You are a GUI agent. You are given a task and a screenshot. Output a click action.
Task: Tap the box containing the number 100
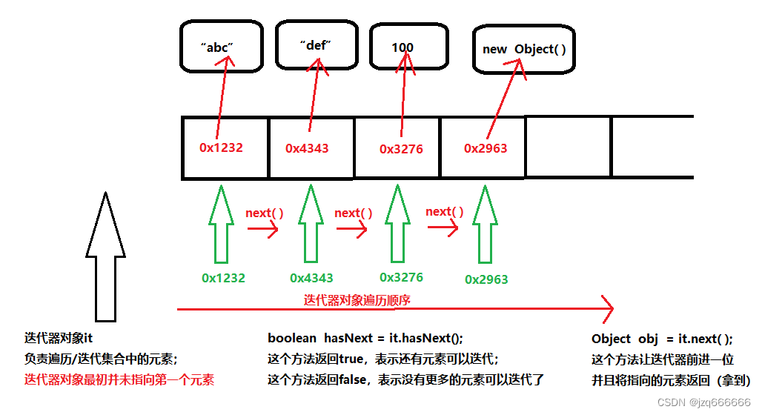pos(402,47)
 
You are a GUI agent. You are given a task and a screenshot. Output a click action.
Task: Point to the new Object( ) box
pos(523,50)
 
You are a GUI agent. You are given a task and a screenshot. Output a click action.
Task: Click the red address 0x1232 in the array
pos(221,147)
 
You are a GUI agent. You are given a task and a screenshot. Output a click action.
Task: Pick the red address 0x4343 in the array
pos(307,148)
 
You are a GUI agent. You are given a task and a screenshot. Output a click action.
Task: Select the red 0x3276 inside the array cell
pos(401,149)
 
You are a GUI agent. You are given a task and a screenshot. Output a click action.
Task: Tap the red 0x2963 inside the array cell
pos(486,148)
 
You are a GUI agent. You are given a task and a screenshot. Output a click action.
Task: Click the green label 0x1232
pos(223,279)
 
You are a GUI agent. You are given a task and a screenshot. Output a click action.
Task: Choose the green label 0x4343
pos(311,279)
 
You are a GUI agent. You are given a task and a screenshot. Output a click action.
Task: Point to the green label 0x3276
pos(401,277)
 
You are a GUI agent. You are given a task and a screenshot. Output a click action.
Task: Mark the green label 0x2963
pos(486,279)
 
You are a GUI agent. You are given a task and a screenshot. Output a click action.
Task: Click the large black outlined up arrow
pos(105,256)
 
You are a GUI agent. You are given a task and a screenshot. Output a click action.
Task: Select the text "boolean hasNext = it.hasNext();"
pos(365,339)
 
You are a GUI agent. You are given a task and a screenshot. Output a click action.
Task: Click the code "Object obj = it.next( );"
pos(661,339)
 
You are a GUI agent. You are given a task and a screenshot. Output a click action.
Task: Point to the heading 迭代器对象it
pos(58,339)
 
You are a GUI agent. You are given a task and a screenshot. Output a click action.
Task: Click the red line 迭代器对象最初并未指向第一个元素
pos(119,380)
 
